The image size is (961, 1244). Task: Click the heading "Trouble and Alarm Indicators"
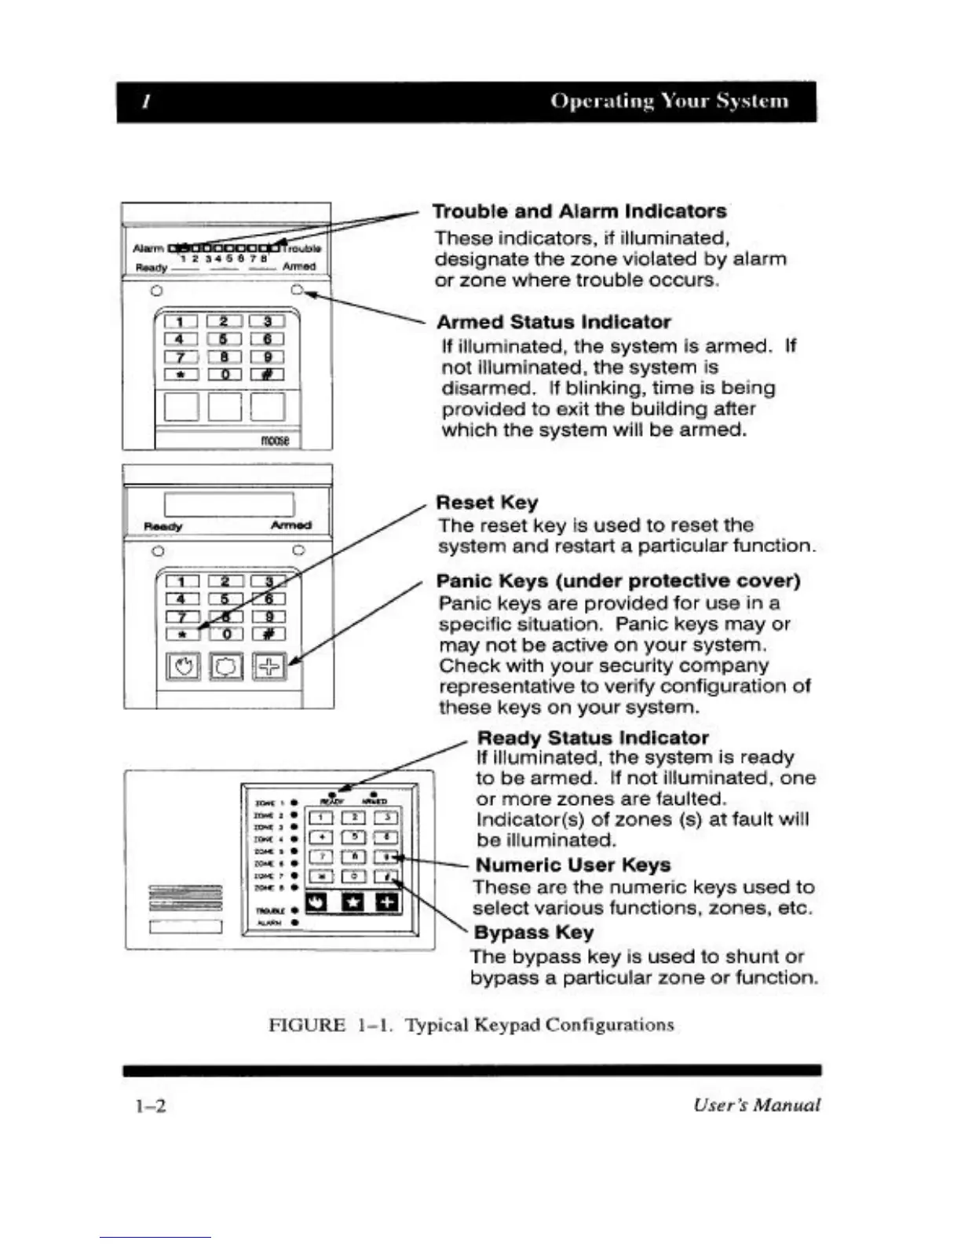[x=579, y=211]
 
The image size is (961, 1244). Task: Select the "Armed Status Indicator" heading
[x=553, y=322]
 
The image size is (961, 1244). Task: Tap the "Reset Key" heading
[x=487, y=503]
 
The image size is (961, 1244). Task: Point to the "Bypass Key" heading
[x=533, y=932]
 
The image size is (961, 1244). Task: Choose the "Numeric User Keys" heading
[x=573, y=865]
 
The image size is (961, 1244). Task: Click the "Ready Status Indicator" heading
[x=593, y=737]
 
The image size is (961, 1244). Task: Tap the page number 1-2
[x=150, y=1106]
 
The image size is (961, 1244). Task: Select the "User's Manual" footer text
[x=756, y=1105]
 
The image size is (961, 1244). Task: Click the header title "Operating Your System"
[x=669, y=101]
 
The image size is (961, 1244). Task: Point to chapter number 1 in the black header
[x=146, y=102]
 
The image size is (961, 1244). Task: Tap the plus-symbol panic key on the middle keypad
[x=269, y=667]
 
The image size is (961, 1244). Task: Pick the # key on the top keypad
[x=268, y=375]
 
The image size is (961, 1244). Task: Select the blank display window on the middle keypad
[x=229, y=504]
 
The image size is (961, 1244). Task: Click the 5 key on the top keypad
[x=224, y=339]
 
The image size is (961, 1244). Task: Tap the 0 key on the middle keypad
[x=226, y=634]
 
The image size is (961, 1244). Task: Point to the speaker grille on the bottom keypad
[x=185, y=898]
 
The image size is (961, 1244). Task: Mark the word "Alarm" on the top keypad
[x=148, y=249]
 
